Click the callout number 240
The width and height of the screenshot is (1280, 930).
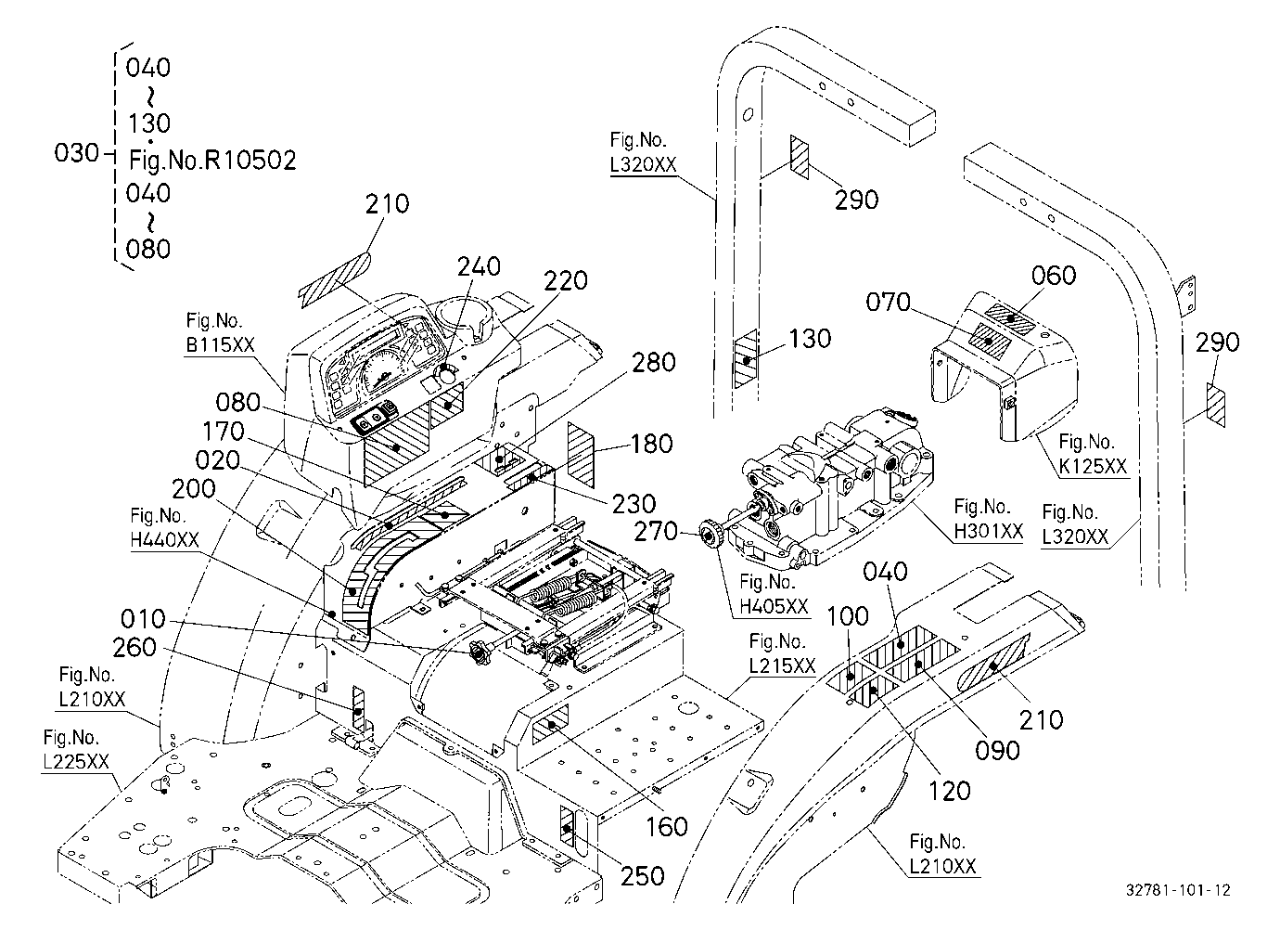[479, 266]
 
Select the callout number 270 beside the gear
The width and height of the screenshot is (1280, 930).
[656, 531]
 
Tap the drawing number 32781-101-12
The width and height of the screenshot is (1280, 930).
[1178, 890]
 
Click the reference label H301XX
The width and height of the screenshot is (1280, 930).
[988, 531]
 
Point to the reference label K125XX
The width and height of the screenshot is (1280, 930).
[1093, 467]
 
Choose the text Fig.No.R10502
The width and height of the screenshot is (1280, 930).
[212, 161]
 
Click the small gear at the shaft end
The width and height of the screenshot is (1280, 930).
[710, 536]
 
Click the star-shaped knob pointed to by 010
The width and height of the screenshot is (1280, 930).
[477, 652]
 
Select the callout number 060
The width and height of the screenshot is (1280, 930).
[1053, 276]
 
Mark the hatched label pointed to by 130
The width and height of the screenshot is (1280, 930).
[745, 358]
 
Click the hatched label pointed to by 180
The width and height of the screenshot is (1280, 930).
[582, 455]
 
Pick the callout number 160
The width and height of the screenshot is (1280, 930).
[667, 826]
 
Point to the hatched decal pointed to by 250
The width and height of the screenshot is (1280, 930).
[567, 826]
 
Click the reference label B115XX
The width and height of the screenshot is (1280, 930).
[220, 345]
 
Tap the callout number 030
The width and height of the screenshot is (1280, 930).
[77, 153]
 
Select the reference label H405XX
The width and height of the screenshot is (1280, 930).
[774, 606]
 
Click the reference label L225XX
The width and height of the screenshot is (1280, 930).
[76, 762]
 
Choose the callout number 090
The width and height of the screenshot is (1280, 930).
[997, 751]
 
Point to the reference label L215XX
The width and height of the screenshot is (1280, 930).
[782, 665]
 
